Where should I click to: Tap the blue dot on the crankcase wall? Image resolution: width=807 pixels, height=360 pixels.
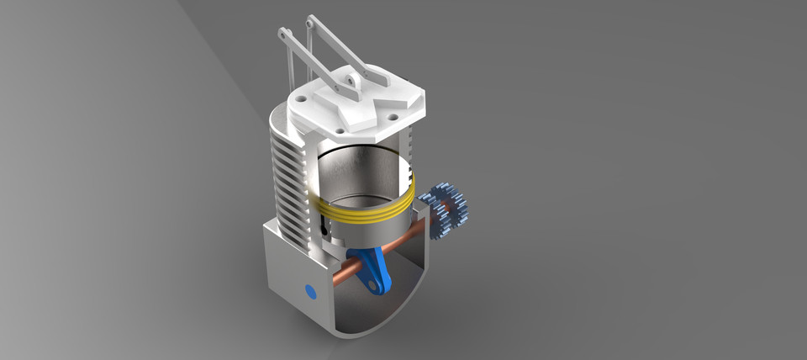coord(310,292)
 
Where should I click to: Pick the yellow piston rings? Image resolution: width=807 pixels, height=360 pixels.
coord(363,212)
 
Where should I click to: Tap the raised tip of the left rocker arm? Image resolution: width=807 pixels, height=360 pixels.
coord(285,34)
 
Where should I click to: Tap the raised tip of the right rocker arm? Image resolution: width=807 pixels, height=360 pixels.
coord(312,20)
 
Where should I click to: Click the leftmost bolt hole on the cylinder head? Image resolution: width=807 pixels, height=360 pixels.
coord(298,105)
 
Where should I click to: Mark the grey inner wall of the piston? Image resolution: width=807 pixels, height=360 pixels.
coord(361,172)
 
